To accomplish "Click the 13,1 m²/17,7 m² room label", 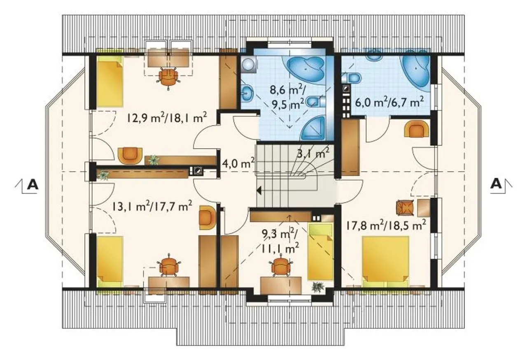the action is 152,207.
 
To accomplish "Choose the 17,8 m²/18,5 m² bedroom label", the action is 386,226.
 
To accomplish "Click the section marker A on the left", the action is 33,185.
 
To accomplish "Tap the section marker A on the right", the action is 496,184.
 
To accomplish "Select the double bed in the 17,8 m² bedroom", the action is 385,262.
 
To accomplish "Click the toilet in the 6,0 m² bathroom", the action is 352,78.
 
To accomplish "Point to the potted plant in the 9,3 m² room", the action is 318,287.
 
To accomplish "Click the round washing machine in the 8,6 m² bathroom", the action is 248,64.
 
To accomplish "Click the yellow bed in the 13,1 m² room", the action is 110,262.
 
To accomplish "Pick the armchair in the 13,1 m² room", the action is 208,218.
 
